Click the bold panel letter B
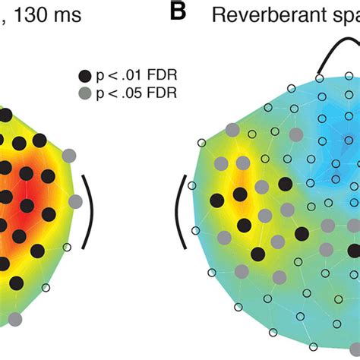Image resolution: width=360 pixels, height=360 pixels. coord(177,14)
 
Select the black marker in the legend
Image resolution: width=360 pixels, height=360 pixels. coord(84,74)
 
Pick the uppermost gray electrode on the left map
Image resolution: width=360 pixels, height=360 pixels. coord(69,155)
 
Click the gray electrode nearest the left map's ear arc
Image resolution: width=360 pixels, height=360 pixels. coord(74,201)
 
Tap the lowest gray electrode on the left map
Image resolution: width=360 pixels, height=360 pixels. coord(14,320)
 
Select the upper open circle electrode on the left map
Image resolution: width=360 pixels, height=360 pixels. coord(67,247)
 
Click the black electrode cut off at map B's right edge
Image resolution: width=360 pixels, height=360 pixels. coord(355,250)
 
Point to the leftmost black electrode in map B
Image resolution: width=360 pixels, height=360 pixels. coord(216,201)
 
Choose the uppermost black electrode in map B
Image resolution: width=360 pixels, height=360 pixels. coord(286,183)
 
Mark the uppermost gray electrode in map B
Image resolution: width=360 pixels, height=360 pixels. coord(243,163)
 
